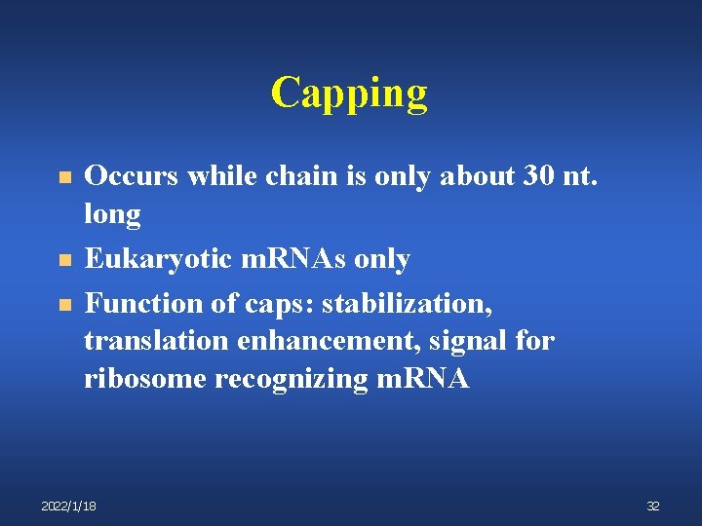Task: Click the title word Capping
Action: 349,93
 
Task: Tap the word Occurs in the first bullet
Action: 126,176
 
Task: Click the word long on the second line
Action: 112,213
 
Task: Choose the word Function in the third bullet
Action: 131,303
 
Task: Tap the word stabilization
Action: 408,303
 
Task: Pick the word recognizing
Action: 292,379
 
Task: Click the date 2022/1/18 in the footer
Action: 68,506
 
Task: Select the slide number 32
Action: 653,506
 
